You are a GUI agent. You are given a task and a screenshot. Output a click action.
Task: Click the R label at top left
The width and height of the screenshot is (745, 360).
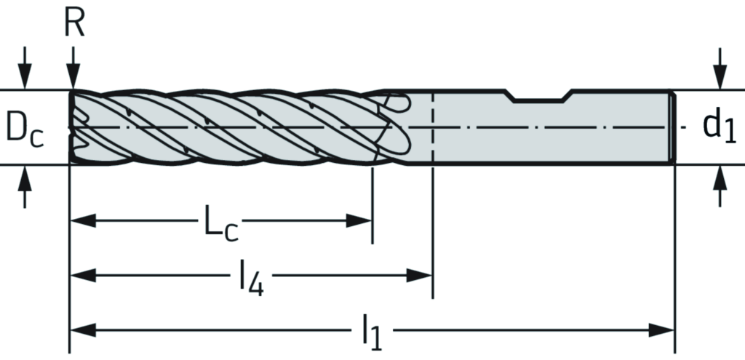tap(74, 23)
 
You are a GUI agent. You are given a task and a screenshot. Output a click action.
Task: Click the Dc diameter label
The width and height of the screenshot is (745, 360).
tap(25, 128)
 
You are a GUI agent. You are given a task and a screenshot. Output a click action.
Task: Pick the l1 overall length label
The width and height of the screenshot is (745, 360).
tap(372, 334)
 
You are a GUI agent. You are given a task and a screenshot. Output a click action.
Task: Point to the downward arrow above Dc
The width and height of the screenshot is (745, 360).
tap(26, 77)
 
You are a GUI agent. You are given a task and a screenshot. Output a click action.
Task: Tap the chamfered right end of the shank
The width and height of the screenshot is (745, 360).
tap(674, 127)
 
